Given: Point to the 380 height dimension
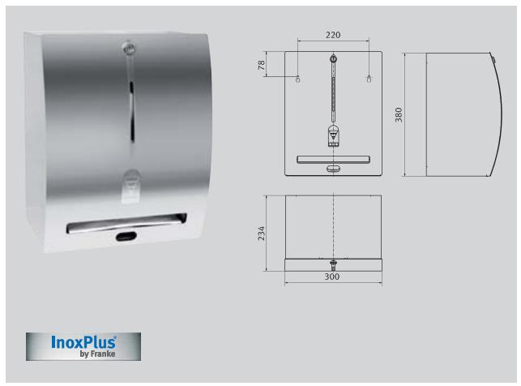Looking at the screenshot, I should tap(398, 114).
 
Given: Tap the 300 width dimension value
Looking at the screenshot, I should tap(332, 277).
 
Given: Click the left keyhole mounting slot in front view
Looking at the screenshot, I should tap(298, 79).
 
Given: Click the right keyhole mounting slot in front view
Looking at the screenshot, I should tap(369, 79).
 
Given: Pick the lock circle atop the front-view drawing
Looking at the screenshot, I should tap(333, 59).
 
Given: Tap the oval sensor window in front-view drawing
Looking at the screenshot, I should tap(333, 169).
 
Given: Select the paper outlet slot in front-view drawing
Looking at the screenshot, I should tap(333, 159).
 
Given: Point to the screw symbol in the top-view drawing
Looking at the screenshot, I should tap(333, 264).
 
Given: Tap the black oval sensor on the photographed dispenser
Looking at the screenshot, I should tap(126, 237).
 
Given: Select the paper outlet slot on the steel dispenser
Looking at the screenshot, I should tap(126, 222).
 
